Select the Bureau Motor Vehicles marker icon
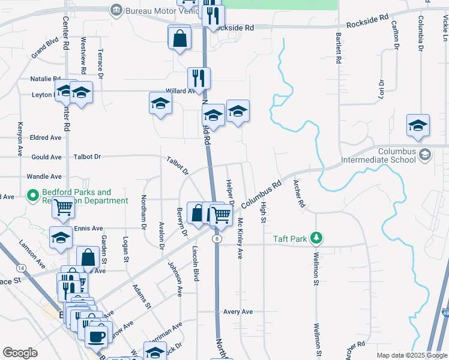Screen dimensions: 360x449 116,10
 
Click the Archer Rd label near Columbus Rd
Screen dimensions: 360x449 298,193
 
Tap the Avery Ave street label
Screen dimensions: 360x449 238,311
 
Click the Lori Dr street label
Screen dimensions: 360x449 381,89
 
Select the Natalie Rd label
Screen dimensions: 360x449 45,79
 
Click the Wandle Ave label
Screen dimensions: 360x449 44,177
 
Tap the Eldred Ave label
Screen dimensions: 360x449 46,137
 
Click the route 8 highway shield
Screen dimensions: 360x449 216,238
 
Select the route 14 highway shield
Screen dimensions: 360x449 21,267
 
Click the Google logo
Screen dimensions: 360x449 20,353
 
